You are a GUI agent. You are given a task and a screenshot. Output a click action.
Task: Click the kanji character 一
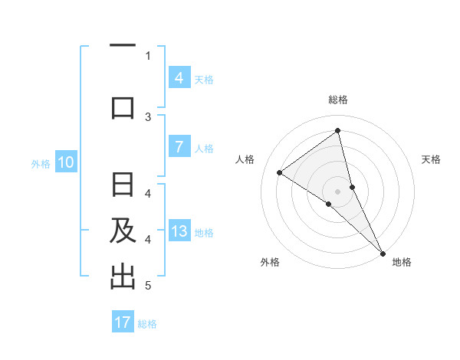[123, 47]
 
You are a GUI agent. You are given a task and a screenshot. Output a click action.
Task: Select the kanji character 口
[123, 106]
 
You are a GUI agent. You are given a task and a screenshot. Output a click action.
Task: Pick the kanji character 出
[123, 277]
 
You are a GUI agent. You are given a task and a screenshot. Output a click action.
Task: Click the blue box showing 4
[179, 77]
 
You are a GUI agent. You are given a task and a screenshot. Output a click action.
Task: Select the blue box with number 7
[179, 147]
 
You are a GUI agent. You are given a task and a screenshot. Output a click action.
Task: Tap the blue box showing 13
[179, 232]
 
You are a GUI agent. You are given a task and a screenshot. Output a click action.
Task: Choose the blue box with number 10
[66, 162]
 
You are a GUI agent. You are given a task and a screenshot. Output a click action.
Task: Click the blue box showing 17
[123, 322]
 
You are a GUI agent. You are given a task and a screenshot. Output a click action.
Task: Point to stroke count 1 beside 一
[148, 55]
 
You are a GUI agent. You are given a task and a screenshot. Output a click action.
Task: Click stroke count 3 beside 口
[148, 116]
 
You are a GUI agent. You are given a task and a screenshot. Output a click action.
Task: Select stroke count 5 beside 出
[148, 286]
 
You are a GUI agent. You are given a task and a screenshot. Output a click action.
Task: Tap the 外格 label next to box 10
[41, 163]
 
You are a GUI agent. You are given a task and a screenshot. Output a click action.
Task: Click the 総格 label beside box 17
[148, 324]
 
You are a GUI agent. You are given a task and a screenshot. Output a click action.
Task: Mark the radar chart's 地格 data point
[383, 252]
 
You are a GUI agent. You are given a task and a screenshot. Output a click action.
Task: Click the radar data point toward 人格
[280, 172]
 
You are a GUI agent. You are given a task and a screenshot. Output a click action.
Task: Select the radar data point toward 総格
[337, 131]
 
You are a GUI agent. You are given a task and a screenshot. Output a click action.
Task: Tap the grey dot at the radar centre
[337, 191]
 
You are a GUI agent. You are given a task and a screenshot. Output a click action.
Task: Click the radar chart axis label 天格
[432, 159]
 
